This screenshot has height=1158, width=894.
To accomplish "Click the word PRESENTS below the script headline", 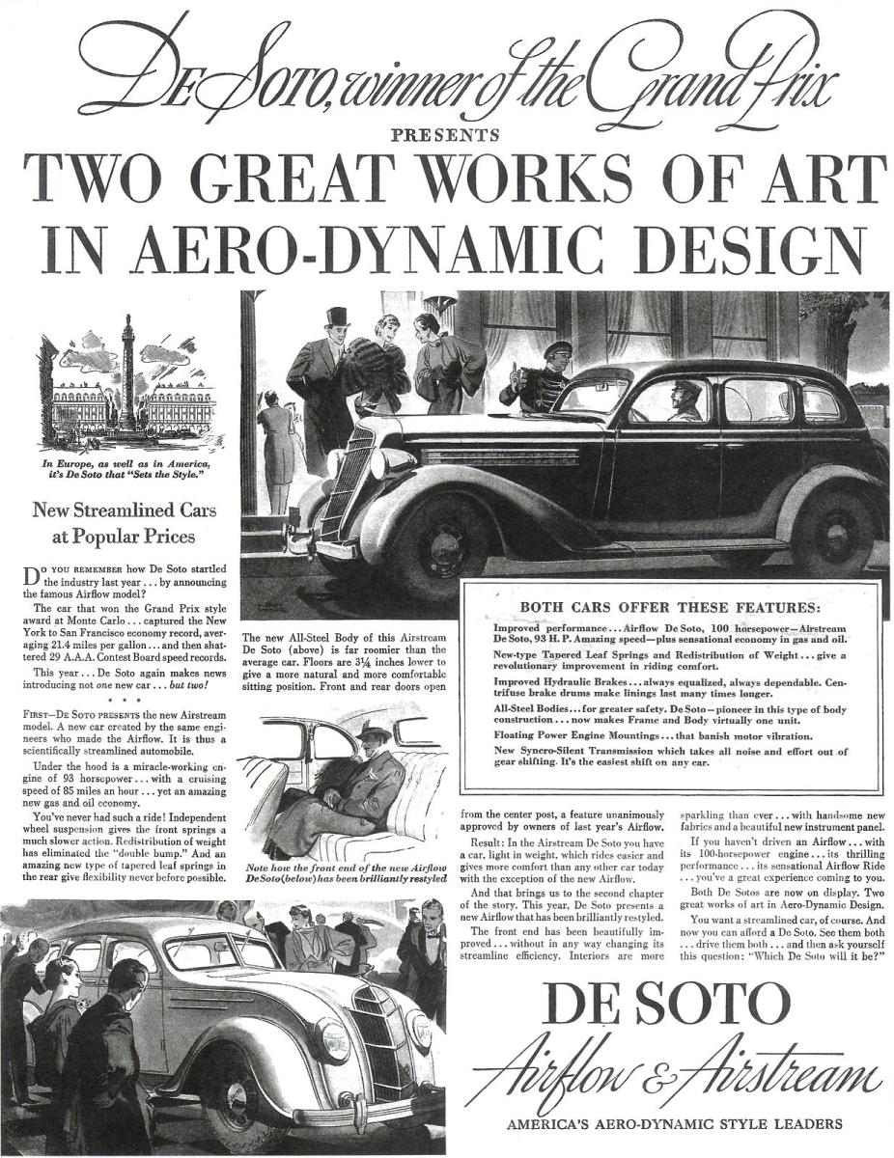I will pos(445,134).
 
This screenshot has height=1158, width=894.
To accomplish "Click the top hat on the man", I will pos(337,317).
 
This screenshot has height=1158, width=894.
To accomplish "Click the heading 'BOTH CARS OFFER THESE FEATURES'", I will pos(669,607).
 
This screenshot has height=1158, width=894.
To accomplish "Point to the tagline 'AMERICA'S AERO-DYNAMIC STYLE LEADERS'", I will pos(674,1123).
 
